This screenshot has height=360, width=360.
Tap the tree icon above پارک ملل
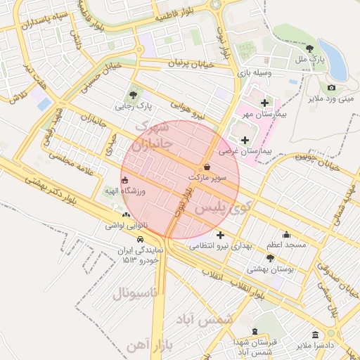pos(310,48)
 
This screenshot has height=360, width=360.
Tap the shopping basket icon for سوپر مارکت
pos(207,167)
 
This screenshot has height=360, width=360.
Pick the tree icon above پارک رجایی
pos(134,94)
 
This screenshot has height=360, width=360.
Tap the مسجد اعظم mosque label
pos(285,245)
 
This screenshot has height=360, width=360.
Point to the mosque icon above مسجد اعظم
pos(285,234)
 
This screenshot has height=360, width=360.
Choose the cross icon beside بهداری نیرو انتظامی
pos(221,235)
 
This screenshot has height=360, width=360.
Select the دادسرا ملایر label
pos(314,346)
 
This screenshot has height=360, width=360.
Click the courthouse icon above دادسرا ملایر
pos(314,335)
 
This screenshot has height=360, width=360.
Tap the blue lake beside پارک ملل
pos(335,63)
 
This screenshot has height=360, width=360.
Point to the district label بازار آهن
pos(151,344)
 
